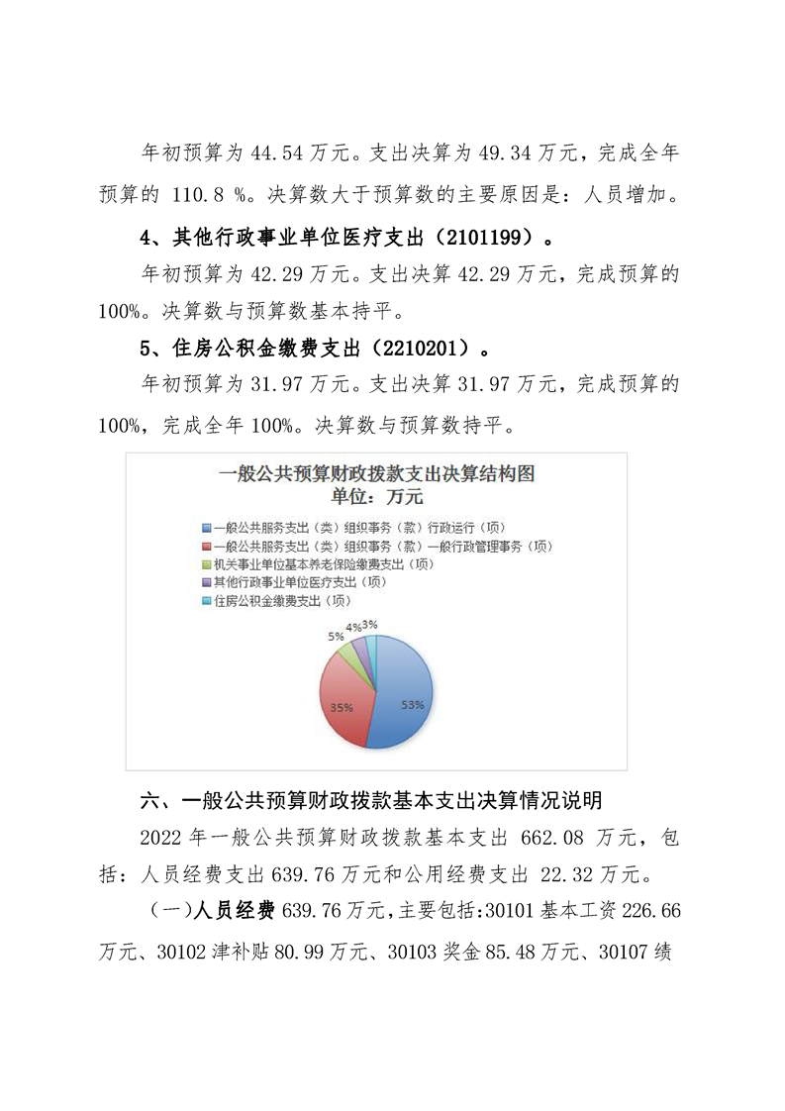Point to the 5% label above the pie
(x=336, y=637)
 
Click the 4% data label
(x=352, y=627)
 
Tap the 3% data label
(x=369, y=624)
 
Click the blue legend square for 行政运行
(x=206, y=528)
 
